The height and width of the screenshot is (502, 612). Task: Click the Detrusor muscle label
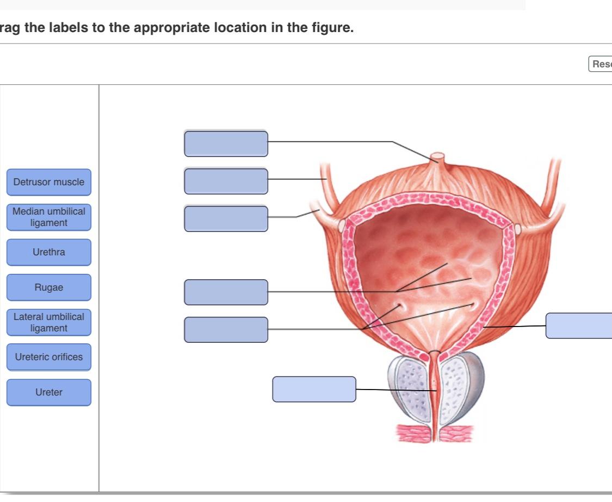pyautogui.click(x=49, y=182)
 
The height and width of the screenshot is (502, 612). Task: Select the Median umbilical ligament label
pyautogui.click(x=49, y=217)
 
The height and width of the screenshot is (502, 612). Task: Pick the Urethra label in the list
pyautogui.click(x=49, y=252)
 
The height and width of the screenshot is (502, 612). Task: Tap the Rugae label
pyautogui.click(x=49, y=287)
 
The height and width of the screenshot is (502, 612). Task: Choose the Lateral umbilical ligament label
pyautogui.click(x=49, y=323)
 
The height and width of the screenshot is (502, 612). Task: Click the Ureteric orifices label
pyautogui.click(x=49, y=357)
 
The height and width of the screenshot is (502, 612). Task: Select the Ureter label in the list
pyautogui.click(x=49, y=392)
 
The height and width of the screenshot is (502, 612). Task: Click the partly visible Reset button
pyautogui.click(x=601, y=64)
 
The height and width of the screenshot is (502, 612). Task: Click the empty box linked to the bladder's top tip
pyautogui.click(x=226, y=143)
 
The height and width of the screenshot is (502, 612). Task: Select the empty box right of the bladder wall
pyautogui.click(x=579, y=325)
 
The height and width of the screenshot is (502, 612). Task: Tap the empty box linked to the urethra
pyautogui.click(x=314, y=389)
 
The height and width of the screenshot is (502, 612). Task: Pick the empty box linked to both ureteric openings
pyautogui.click(x=226, y=330)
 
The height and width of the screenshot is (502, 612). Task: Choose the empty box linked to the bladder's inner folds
pyautogui.click(x=226, y=292)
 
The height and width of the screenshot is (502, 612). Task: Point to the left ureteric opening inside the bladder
pyautogui.click(x=401, y=306)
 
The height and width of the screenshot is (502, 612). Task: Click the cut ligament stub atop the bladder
pyautogui.click(x=436, y=159)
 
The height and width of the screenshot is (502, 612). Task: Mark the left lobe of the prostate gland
pyautogui.click(x=410, y=388)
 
